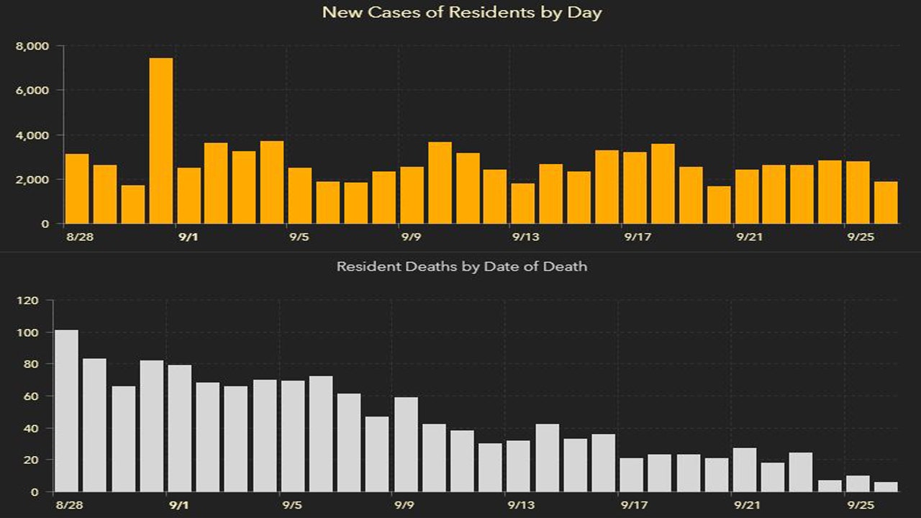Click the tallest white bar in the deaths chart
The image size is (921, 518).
pyautogui.click(x=66, y=411)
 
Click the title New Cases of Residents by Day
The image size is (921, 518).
pyautogui.click(x=461, y=12)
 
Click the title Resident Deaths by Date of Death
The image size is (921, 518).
pyautogui.click(x=461, y=266)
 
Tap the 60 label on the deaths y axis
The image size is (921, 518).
pyautogui.click(x=35, y=396)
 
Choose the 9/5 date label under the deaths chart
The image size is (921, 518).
pyautogui.click(x=292, y=505)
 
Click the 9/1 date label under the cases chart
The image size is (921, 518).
pyautogui.click(x=188, y=237)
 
